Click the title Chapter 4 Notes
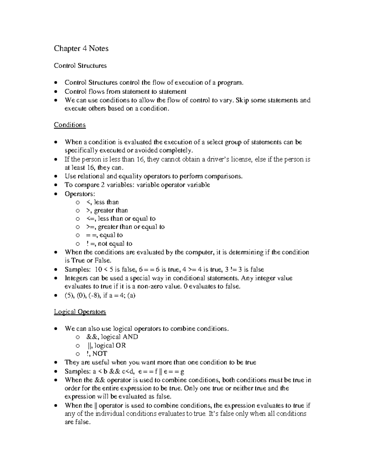pos(81,49)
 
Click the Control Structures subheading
pos(80,65)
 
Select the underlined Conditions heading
pos(70,125)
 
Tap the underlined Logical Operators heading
pos(80,312)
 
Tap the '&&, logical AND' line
pos(112,337)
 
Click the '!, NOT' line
pos(97,354)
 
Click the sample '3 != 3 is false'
pos(244,270)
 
